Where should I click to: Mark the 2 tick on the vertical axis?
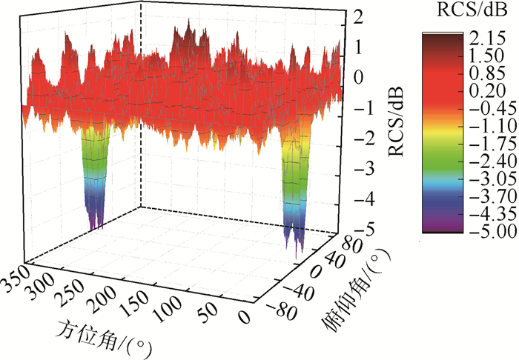pyautogui.click(x=357, y=16)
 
